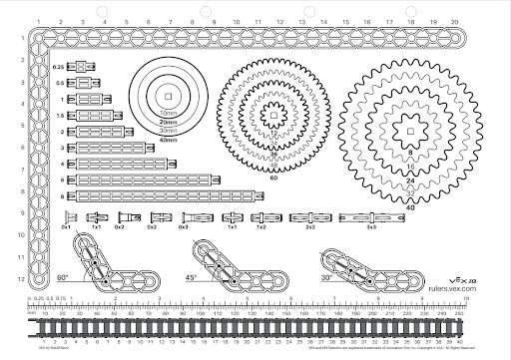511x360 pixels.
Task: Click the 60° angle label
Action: [x=62, y=276]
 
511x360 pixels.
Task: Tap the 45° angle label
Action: [x=193, y=276]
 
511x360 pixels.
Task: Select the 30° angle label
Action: [x=326, y=277]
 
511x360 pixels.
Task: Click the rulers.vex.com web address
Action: [x=450, y=287]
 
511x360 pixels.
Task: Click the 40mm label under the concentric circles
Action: [x=168, y=140]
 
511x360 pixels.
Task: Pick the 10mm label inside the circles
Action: [x=168, y=113]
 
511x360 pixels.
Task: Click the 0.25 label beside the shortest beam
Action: [x=58, y=66]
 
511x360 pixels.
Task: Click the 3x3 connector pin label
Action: [x=370, y=227]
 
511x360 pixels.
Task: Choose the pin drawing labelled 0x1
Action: [x=67, y=217]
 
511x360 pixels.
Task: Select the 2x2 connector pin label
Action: [x=310, y=227]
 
